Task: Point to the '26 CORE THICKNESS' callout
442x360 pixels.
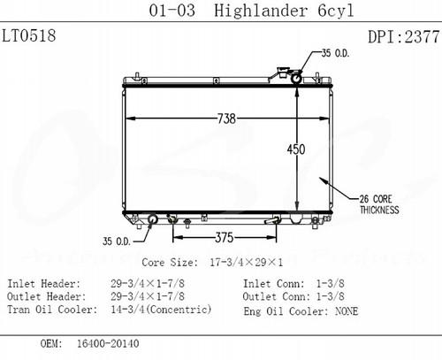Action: (x=377, y=204)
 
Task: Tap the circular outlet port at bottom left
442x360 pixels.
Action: (x=152, y=219)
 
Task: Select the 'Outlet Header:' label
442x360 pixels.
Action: (x=44, y=297)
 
